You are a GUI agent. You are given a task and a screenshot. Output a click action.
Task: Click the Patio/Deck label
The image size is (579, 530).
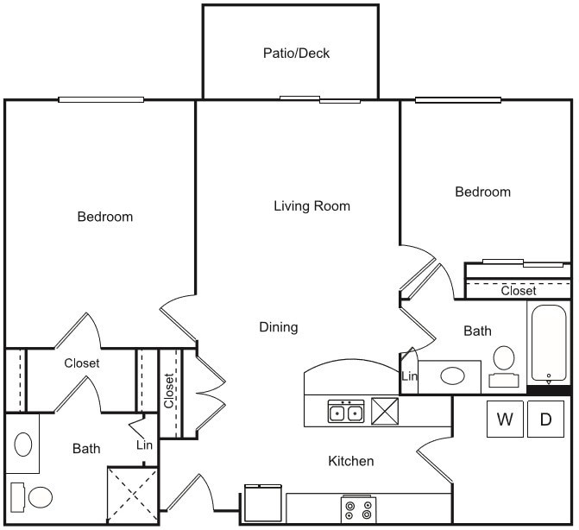click(x=296, y=54)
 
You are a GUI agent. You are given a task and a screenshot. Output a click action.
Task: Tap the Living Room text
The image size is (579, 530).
click(x=312, y=206)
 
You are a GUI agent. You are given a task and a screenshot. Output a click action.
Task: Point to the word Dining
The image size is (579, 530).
click(x=278, y=327)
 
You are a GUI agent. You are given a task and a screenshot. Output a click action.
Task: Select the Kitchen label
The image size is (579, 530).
click(x=350, y=461)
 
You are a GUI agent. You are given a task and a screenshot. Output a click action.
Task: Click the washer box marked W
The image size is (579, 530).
click(x=505, y=420)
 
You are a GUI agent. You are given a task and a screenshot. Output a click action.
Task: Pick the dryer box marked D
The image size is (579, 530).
click(x=545, y=420)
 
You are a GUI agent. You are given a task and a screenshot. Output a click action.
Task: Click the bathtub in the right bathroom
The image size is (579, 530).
click(x=549, y=343)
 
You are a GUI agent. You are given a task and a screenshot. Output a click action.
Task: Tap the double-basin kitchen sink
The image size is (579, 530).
click(x=345, y=412)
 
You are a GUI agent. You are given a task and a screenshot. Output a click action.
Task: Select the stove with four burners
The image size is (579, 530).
click(x=357, y=509)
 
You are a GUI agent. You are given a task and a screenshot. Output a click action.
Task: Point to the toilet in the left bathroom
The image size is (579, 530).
click(x=33, y=497)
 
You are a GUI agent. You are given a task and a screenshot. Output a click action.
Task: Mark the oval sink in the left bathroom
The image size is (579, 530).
click(x=23, y=445)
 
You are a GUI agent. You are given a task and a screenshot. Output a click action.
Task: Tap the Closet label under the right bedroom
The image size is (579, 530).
click(x=518, y=291)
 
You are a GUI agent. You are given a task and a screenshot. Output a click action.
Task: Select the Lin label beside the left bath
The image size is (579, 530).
click(x=144, y=445)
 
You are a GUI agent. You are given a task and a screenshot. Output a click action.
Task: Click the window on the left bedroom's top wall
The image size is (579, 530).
click(x=100, y=99)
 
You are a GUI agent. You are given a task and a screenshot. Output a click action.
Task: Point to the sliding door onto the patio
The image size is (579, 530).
click(x=320, y=99)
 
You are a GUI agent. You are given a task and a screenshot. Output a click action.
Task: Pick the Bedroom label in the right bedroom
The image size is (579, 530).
click(x=482, y=192)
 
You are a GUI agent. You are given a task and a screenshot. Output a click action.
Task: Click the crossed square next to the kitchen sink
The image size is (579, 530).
click(x=385, y=411)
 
